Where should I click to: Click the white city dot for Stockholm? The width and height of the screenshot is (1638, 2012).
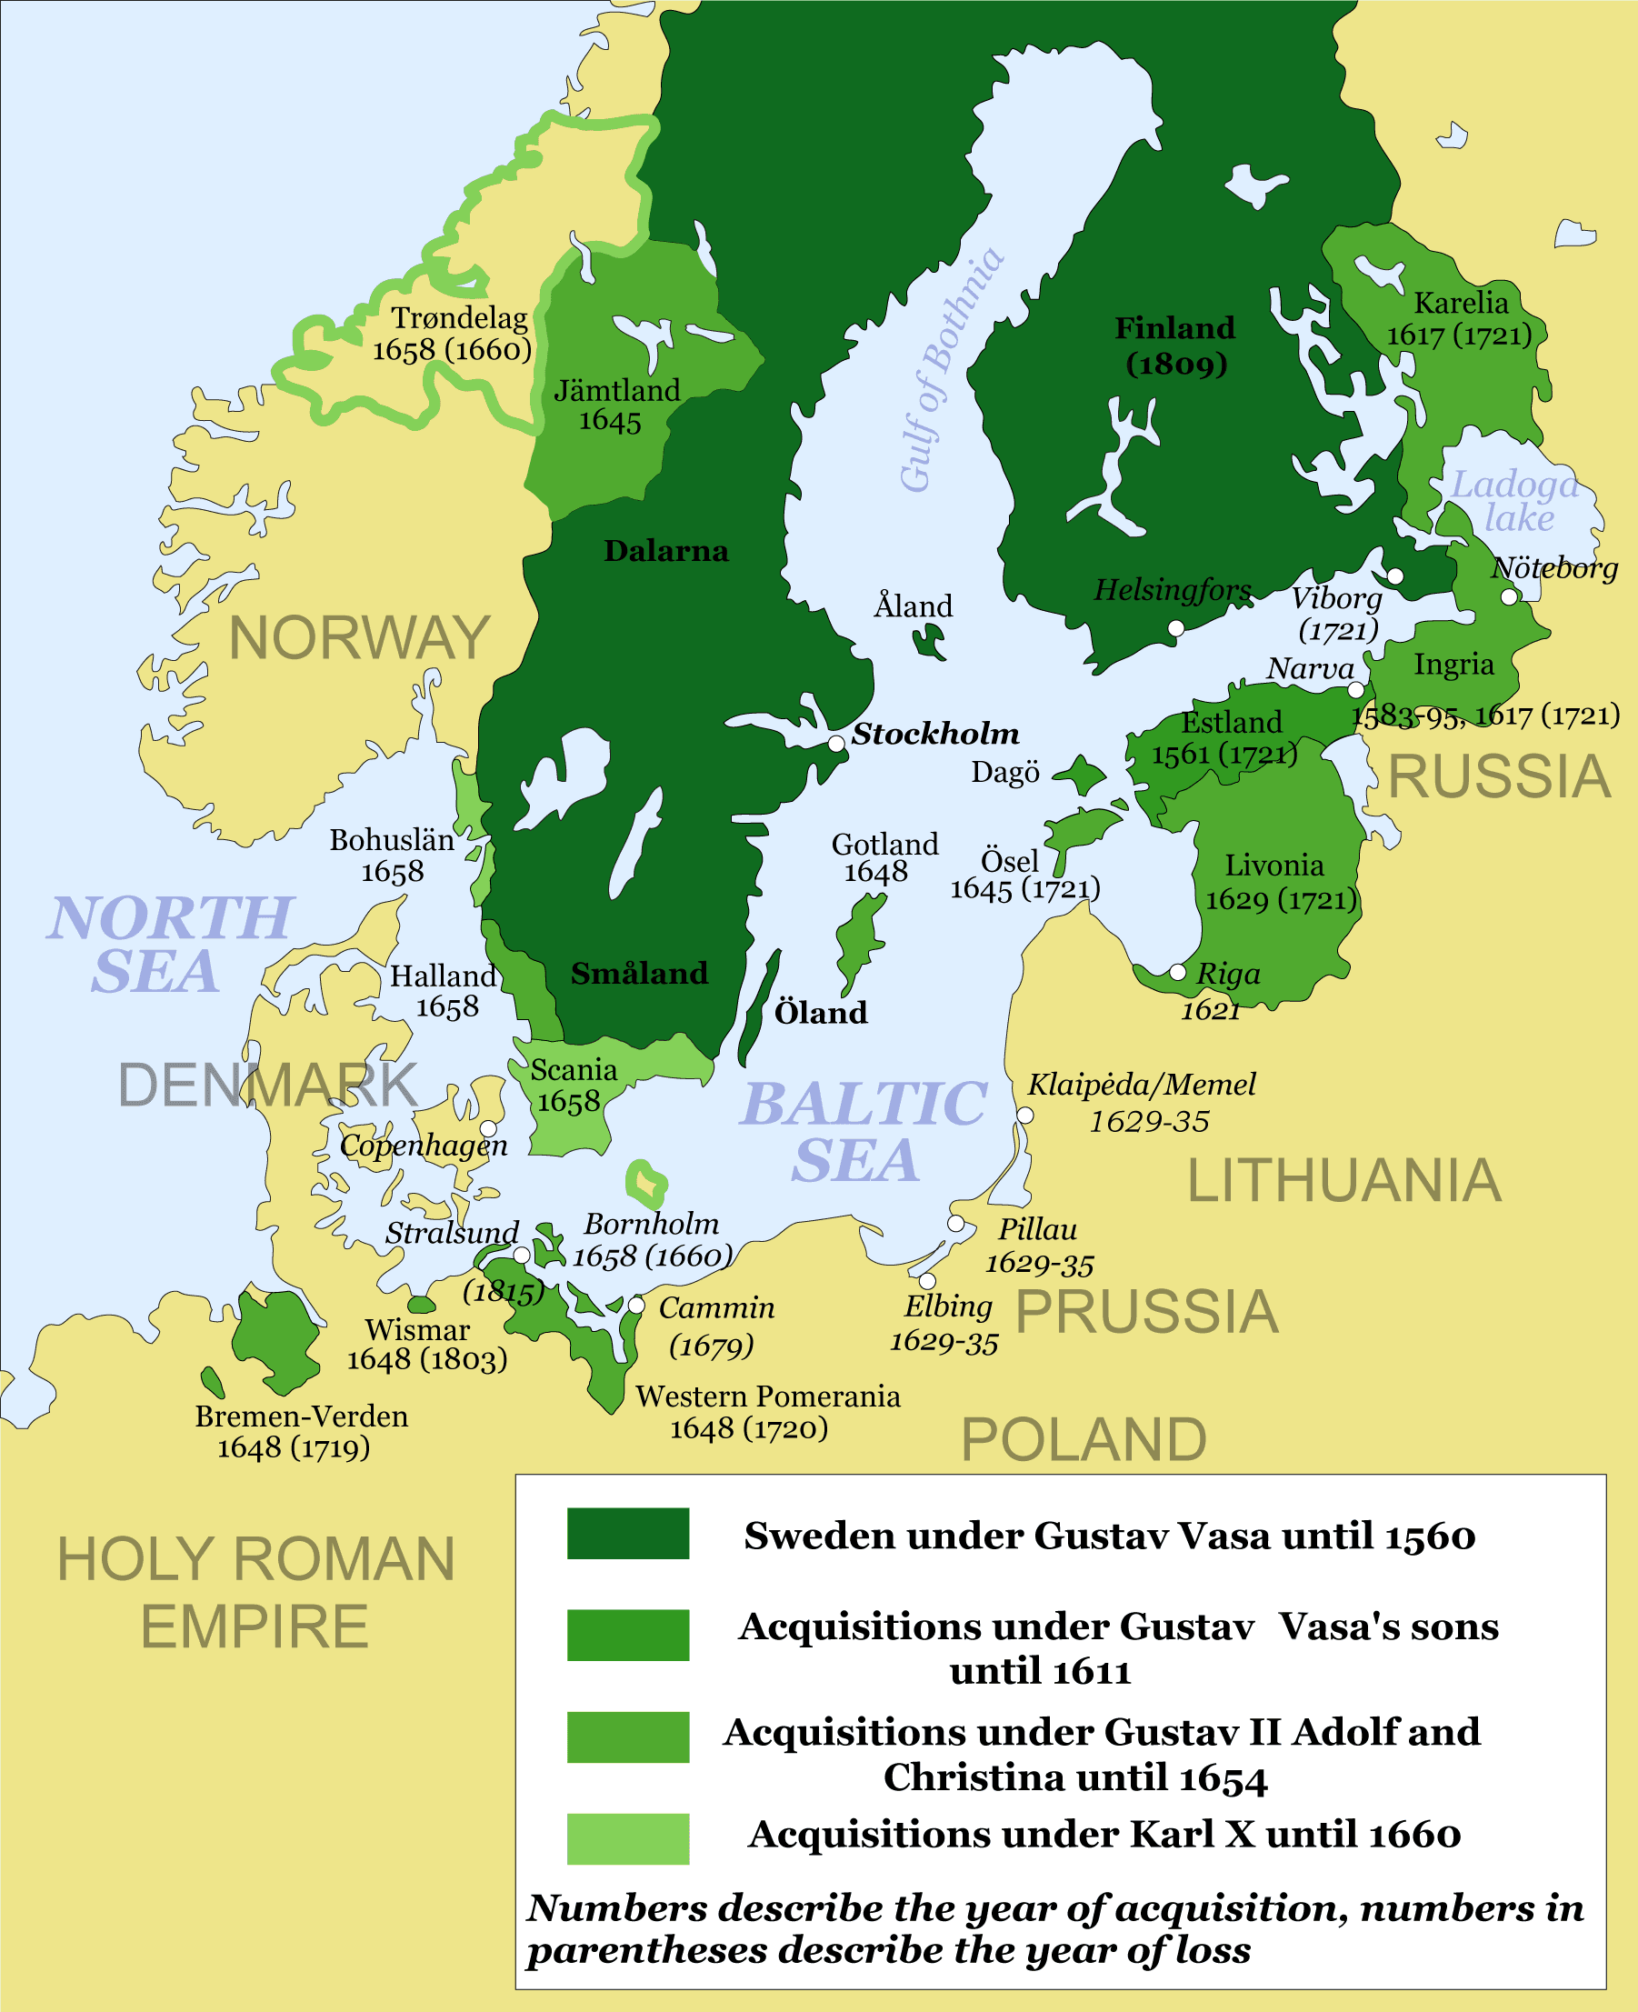coord(836,744)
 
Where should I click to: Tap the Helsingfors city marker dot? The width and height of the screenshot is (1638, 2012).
coord(1175,627)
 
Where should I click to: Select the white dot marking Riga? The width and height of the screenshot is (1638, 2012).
coord(1177,972)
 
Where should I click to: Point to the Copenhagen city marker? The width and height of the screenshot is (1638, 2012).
coord(489,1128)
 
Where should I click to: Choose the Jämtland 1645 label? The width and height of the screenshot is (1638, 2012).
coord(616,405)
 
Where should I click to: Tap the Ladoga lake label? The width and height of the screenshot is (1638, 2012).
coord(1515,501)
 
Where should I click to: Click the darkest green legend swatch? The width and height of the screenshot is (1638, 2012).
coord(627,1534)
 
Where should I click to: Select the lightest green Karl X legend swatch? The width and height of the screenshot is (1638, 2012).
coord(627,1838)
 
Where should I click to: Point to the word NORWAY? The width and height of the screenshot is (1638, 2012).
coord(359,638)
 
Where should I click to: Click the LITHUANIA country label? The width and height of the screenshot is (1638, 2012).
coord(1343,1181)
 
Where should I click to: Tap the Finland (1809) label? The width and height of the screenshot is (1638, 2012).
coord(1174,345)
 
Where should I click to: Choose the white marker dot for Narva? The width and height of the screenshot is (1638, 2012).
coord(1356,690)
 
